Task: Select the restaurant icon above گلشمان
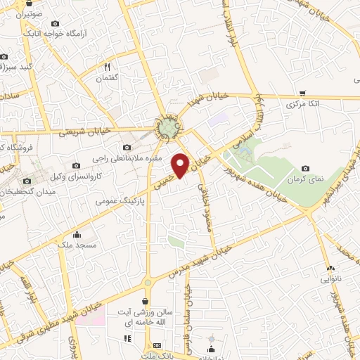pyautogui.click(x=108, y=67)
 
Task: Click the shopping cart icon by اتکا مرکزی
pyautogui.click(x=302, y=93)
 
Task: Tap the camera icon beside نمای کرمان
pyautogui.click(x=306, y=168)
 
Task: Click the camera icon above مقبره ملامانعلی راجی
pyautogui.click(x=127, y=148)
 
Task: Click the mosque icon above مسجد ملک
pyautogui.click(x=77, y=234)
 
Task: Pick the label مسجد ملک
pyautogui.click(x=75, y=244)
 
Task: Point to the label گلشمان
pyautogui.click(x=110, y=79)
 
